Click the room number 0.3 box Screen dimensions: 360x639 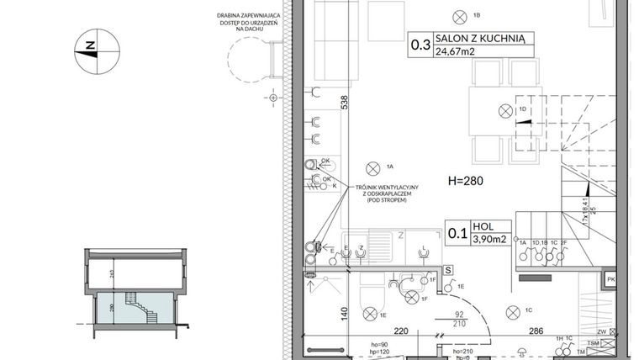point(420,43)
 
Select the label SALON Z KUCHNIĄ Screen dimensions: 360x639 point(481,37)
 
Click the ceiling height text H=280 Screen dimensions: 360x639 point(465,181)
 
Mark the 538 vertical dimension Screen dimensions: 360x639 point(344,102)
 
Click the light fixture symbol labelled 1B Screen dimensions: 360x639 point(460,15)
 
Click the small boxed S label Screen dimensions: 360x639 point(449,270)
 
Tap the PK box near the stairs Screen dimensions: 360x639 point(611,279)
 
